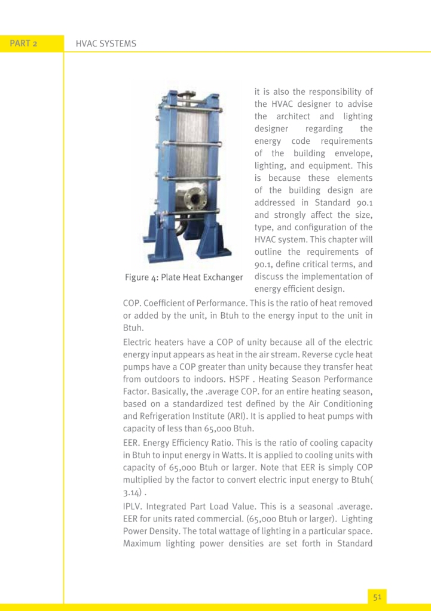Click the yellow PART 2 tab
point(24,44)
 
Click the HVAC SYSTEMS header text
point(106,44)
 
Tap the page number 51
point(377,596)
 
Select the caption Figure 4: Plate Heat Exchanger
point(184,277)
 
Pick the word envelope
point(352,153)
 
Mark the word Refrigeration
point(156,416)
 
